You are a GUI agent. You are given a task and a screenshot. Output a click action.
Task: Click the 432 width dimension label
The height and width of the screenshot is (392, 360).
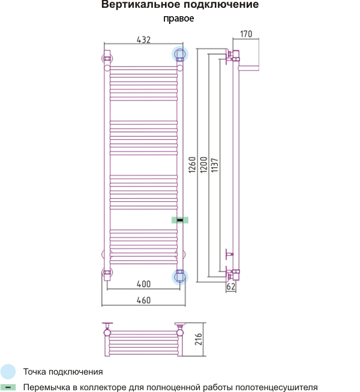pos(143,40)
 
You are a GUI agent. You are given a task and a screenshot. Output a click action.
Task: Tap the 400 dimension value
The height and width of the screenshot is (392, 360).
pos(143,284)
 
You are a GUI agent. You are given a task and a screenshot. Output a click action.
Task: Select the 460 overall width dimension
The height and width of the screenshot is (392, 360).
pos(143,300)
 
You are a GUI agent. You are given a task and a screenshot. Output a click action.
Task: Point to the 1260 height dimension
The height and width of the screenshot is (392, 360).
pos(192,165)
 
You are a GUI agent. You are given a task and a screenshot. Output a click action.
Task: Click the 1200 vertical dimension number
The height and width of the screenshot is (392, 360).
pos(203,164)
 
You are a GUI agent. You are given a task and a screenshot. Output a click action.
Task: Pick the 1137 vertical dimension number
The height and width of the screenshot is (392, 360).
pos(215,165)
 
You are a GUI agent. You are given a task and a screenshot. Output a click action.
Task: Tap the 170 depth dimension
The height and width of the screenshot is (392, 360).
pos(246,34)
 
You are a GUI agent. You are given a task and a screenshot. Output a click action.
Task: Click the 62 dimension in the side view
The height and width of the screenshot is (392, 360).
pos(230,287)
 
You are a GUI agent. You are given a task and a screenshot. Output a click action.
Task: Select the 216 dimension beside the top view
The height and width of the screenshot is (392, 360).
pos(199,339)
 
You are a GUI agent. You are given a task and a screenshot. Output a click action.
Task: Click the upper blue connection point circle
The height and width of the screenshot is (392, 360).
pos(180,54)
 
